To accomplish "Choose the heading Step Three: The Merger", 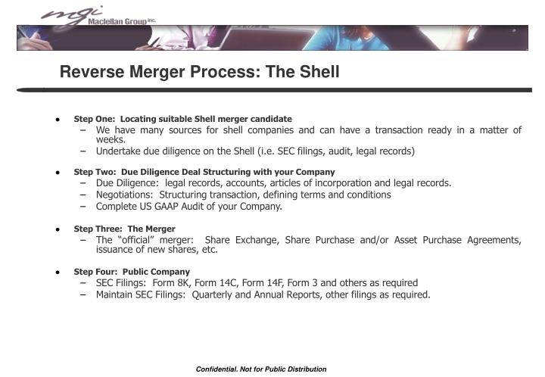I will point(124,229).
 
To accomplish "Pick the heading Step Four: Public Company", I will point(132,272).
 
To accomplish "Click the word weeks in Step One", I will point(111,140).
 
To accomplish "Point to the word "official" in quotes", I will point(135,240).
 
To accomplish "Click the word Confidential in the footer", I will point(219,369).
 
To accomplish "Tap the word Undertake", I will point(118,151).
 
